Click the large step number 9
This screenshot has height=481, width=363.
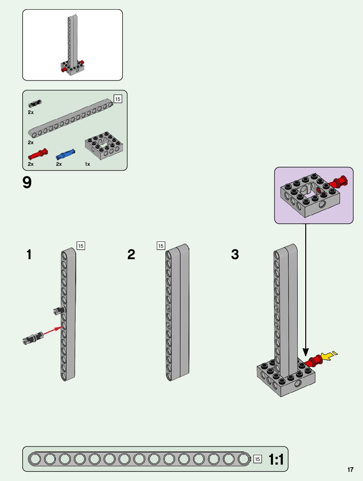point(27,182)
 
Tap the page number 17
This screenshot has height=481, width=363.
point(351,470)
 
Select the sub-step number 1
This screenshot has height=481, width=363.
point(29,254)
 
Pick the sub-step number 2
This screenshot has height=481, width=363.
point(131,254)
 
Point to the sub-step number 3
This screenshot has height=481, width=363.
point(235,254)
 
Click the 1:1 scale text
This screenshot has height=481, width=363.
point(276,459)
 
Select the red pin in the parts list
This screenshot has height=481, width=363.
point(38,154)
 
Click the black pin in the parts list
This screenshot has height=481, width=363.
point(35,103)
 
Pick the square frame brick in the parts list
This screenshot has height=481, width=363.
point(104,145)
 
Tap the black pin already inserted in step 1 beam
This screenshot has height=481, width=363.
point(59,310)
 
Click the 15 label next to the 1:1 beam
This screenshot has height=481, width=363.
point(257,459)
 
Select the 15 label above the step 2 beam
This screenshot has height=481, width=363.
point(161,246)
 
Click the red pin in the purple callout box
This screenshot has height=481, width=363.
point(338,182)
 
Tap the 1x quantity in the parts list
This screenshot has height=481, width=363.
point(87,164)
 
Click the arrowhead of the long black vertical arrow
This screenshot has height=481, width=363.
point(306,352)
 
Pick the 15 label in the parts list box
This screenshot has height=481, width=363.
point(118,99)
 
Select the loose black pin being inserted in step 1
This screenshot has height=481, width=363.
point(33,338)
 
